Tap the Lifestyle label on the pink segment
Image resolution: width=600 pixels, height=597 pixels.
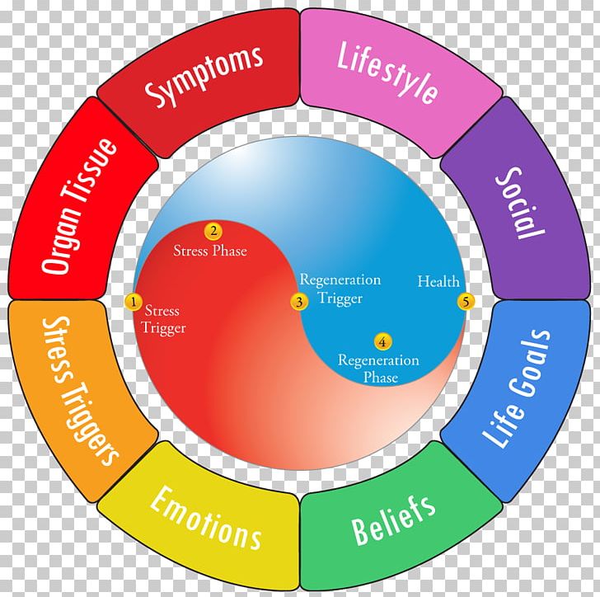[x=387, y=73]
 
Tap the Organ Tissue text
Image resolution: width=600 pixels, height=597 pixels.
[x=80, y=206]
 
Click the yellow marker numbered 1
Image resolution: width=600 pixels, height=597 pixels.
[x=134, y=303]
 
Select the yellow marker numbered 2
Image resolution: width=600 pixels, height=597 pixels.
[x=213, y=232]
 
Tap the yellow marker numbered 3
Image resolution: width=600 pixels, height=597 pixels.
[x=301, y=302]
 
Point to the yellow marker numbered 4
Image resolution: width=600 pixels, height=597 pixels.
[x=382, y=341]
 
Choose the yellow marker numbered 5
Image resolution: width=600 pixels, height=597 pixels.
[x=466, y=303]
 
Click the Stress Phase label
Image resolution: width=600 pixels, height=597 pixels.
[x=210, y=250]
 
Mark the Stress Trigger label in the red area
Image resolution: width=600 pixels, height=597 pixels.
[x=165, y=320]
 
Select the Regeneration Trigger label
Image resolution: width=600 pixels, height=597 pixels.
[x=340, y=289]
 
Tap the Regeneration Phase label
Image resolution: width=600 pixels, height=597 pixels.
[x=378, y=369]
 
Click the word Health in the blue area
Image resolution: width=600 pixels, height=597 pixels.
[x=438, y=282]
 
